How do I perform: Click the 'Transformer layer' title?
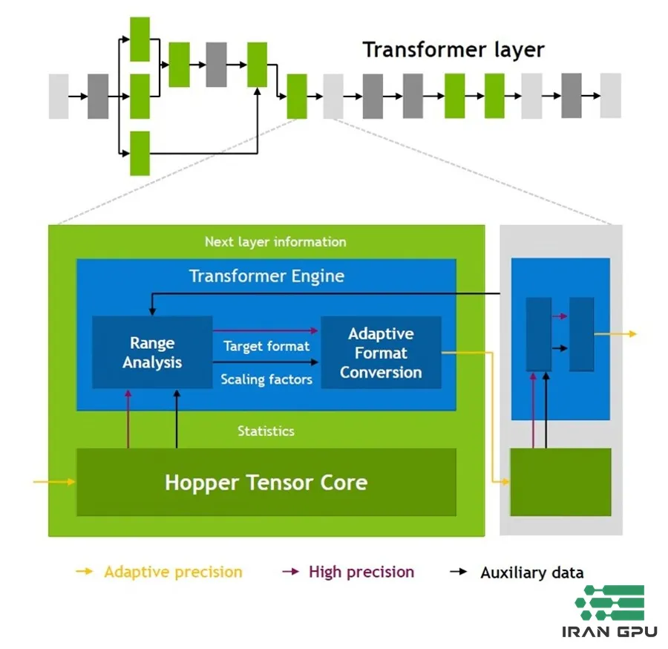(x=453, y=50)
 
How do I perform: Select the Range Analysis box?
(x=152, y=353)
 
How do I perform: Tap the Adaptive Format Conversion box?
(x=381, y=353)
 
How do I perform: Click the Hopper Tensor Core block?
(x=266, y=483)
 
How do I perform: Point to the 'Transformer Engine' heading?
(x=266, y=276)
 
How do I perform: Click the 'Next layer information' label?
(x=275, y=242)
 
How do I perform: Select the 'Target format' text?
(x=266, y=346)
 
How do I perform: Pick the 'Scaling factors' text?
(x=266, y=379)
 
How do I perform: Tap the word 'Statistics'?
(x=266, y=431)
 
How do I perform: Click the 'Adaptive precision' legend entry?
(x=173, y=572)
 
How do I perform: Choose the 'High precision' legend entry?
(x=361, y=572)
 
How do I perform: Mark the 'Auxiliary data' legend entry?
(x=531, y=573)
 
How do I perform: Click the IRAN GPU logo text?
(x=609, y=632)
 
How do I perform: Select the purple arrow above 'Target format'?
(x=266, y=330)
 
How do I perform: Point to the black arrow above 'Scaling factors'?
(x=266, y=362)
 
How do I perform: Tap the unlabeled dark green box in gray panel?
(x=560, y=482)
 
